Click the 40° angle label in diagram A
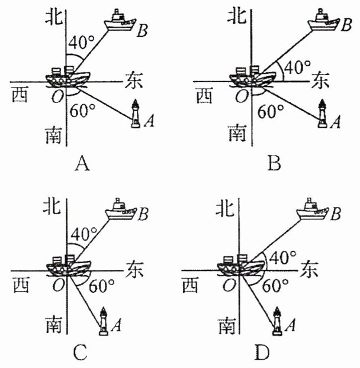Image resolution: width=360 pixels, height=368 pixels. click(x=81, y=43)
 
